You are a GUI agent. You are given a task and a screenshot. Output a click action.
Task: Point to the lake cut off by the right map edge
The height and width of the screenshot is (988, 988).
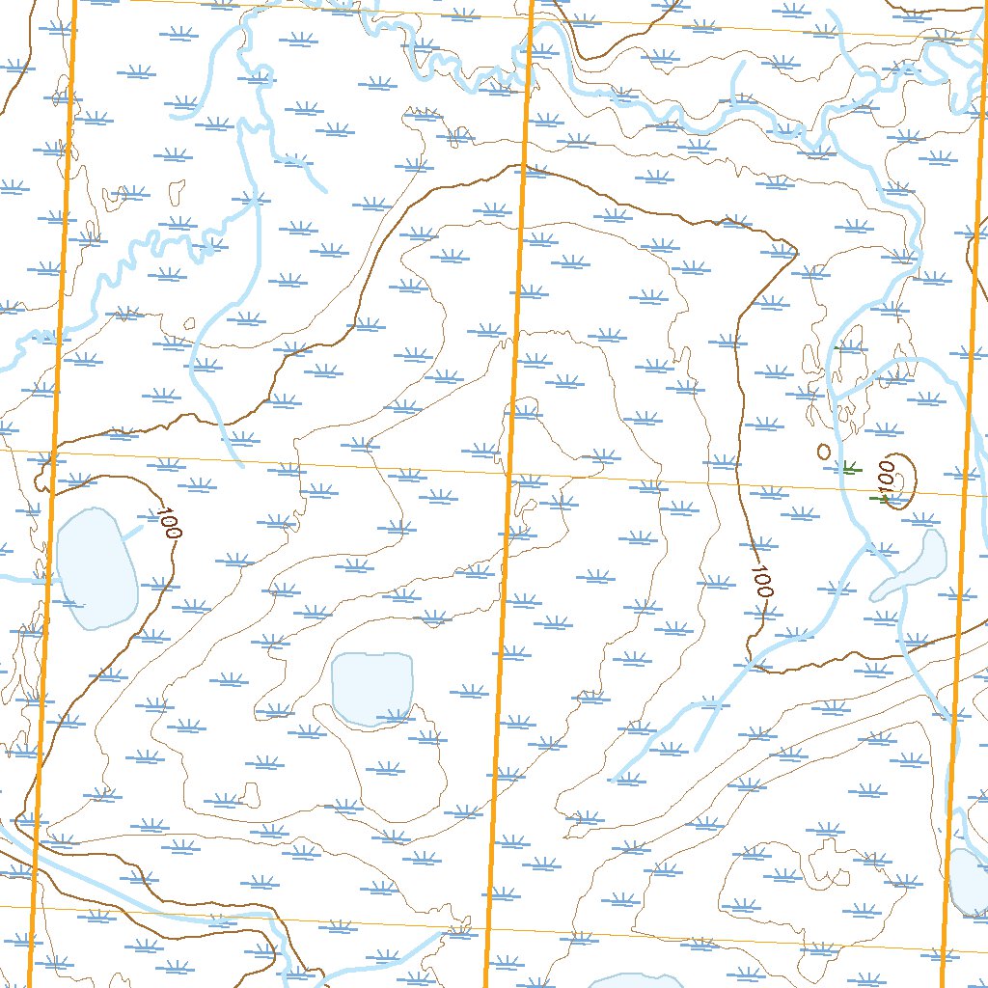click(969, 883)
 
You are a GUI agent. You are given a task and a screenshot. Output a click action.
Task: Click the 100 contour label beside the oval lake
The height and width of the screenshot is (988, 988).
click(169, 523)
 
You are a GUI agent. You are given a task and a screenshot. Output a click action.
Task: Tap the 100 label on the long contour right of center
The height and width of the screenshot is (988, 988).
click(761, 581)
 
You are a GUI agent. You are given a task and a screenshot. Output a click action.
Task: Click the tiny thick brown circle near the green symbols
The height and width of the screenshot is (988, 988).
click(823, 451)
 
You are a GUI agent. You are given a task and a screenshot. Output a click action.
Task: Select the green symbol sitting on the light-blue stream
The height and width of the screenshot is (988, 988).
click(849, 469)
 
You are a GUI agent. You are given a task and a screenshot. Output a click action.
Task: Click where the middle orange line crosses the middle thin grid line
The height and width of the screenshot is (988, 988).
click(508, 474)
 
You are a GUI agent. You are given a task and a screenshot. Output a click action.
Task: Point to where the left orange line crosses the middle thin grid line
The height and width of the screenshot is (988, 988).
click(56, 451)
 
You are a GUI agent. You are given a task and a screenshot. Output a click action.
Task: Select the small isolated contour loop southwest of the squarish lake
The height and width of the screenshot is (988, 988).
click(252, 795)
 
